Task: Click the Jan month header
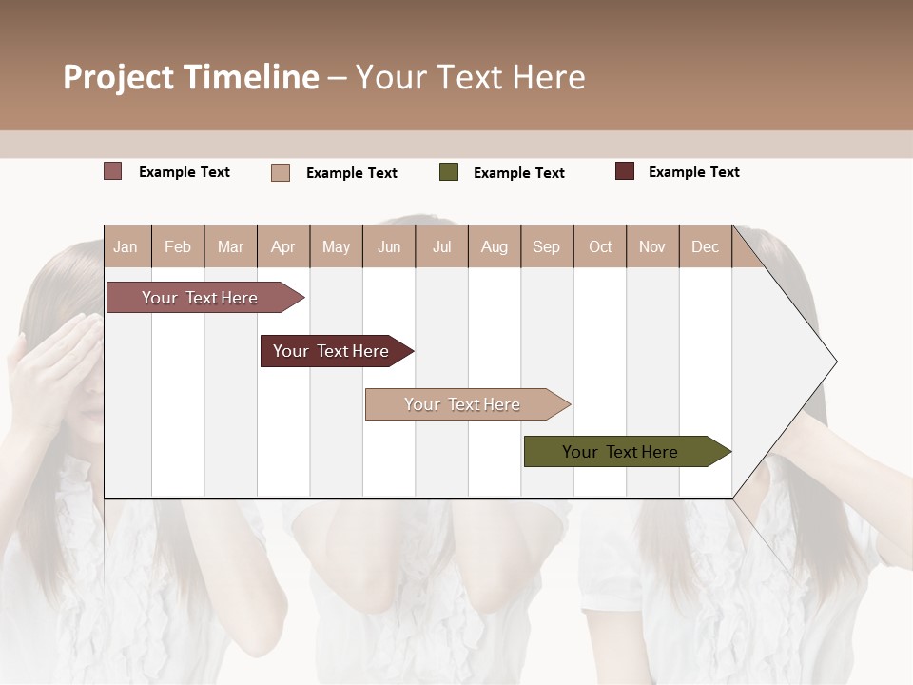126,246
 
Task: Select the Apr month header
282,246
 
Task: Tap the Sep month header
546,246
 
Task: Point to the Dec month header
705,246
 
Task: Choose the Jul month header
441,246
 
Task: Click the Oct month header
600,246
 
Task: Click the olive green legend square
449,172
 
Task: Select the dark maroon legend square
625,171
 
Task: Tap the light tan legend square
281,172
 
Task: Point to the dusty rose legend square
113,171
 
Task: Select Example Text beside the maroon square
693,171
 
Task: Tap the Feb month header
178,246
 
